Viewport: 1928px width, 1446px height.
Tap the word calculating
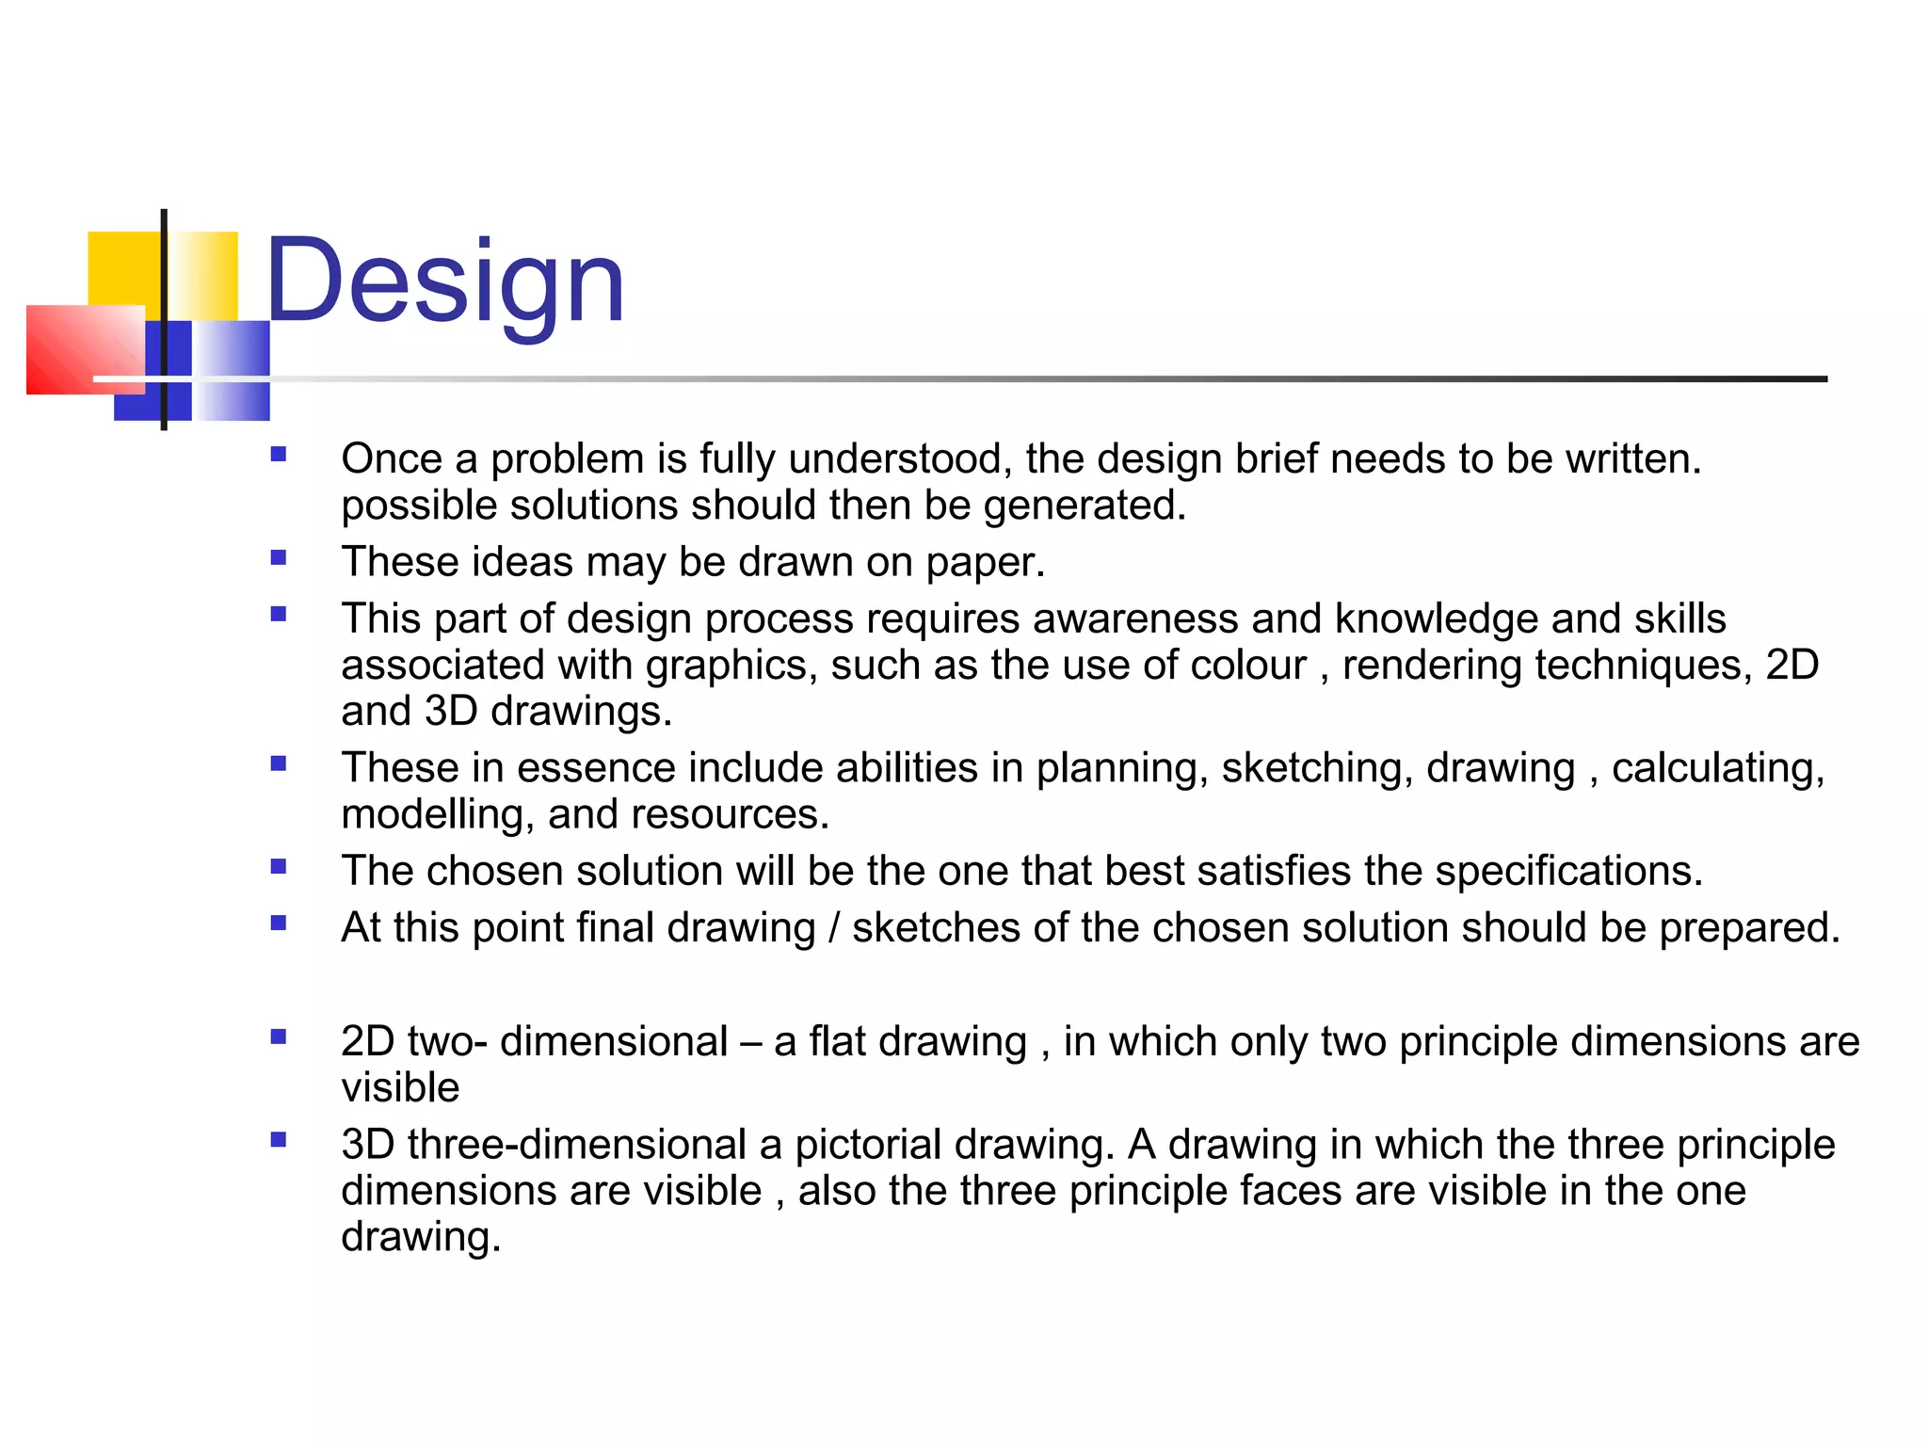(1717, 769)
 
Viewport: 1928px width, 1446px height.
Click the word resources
(730, 815)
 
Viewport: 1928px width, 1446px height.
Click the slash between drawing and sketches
(834, 928)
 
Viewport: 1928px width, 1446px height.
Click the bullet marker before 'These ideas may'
(279, 557)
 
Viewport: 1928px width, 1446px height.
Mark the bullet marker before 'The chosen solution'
(279, 866)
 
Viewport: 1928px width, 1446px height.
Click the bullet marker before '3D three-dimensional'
(279, 1140)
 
